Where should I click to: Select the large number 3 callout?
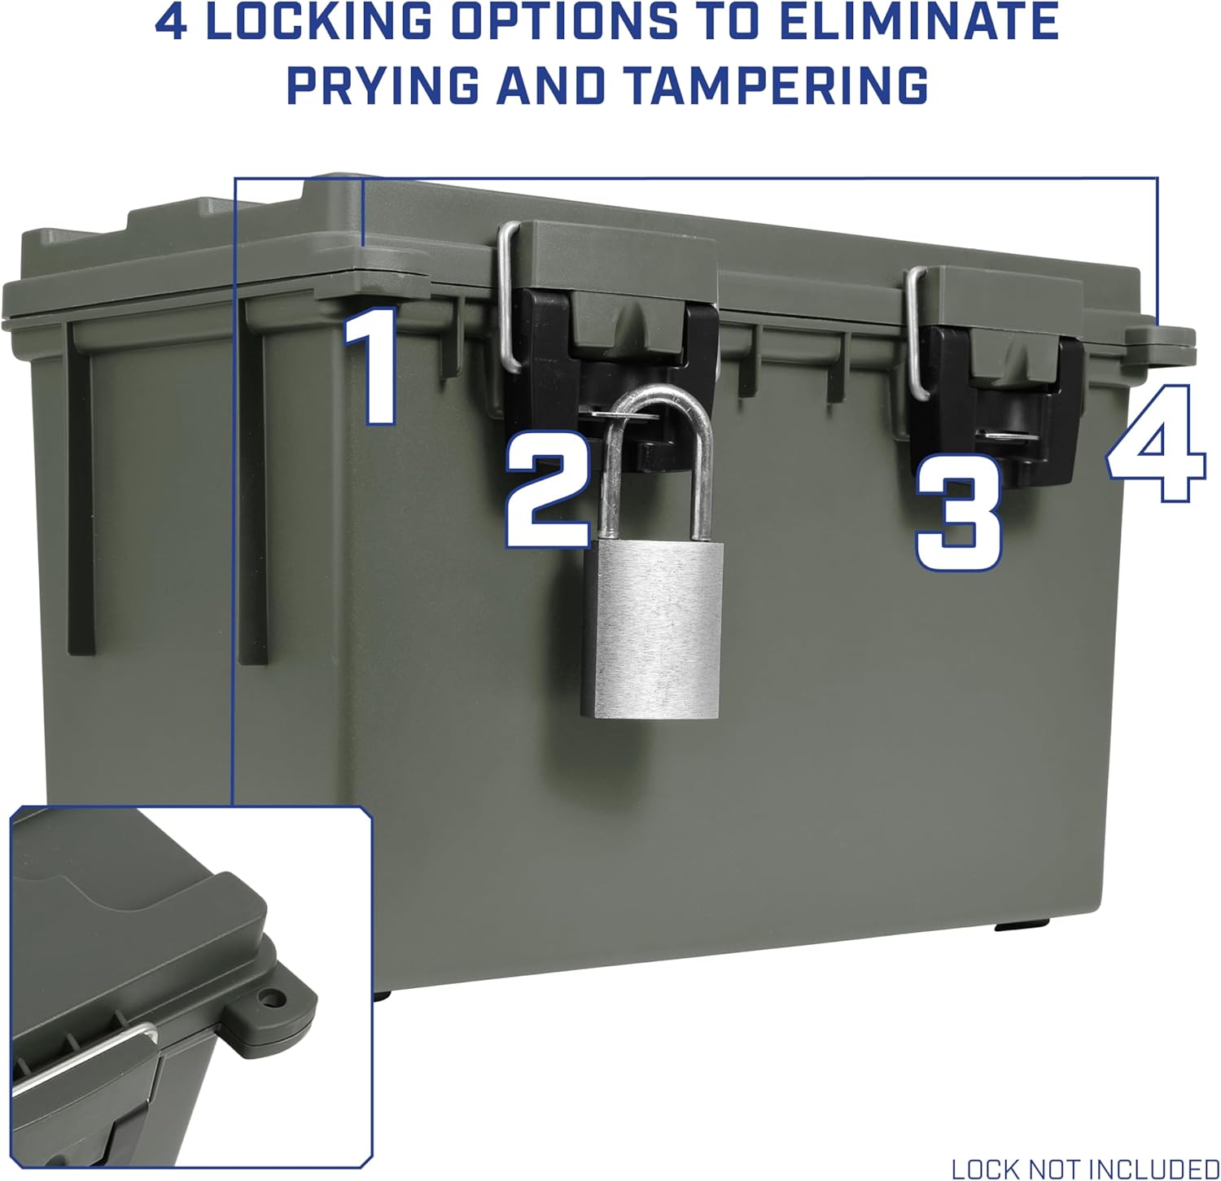(958, 513)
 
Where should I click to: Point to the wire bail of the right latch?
(917, 334)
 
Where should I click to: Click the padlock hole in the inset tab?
(268, 995)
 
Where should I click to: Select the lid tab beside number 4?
(1164, 339)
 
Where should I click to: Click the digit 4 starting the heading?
(171, 24)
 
